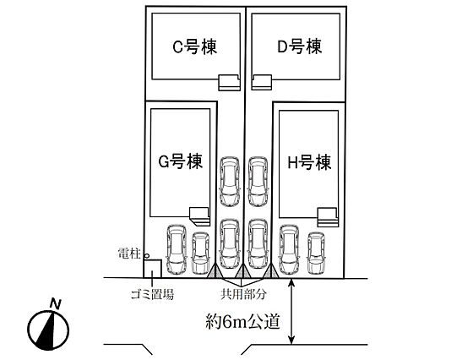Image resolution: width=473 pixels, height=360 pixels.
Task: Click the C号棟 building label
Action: pos(194,47)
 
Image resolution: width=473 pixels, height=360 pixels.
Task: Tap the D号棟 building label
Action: pos(300,46)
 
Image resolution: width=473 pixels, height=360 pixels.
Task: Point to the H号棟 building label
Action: pos(309,162)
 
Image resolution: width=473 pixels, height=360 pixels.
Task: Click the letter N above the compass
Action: pos(56,303)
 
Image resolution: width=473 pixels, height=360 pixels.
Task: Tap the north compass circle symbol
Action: pos(48,330)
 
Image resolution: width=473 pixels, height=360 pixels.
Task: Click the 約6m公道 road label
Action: pos(243,321)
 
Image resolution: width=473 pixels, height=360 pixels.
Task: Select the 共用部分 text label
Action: pos(243,294)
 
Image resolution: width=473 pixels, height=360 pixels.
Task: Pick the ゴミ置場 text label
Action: pos(152,294)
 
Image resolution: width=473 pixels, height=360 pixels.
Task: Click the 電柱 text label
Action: pos(130,254)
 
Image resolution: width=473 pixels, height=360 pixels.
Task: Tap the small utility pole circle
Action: pos(147,256)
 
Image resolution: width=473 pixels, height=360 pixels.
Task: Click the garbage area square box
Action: pos(152,269)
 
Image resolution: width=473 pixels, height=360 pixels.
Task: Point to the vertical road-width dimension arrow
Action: pos(291,311)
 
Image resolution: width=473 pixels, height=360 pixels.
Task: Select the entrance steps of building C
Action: pos(229,82)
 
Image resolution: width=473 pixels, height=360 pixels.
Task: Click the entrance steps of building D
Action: pos(262,82)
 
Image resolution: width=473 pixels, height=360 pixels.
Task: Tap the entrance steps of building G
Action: pos(199,216)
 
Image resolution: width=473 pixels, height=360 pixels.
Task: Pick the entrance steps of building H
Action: pos(327,217)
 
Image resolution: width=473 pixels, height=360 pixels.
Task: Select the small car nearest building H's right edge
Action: pos(316,254)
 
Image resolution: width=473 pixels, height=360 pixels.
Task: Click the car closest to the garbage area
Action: pos(177,249)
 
